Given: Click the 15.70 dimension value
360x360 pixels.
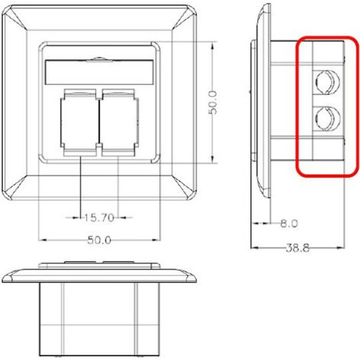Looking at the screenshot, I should point(100,217).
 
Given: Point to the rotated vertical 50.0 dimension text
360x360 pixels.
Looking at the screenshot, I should point(213,103).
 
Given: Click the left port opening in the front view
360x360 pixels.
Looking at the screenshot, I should point(80,120).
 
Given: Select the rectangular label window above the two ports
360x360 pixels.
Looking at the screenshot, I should point(99,69).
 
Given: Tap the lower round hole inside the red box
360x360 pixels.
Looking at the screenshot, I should point(325,120).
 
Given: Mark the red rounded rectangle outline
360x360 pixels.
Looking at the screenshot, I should point(299,107).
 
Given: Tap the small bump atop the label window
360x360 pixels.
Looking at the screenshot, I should point(99,58).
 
